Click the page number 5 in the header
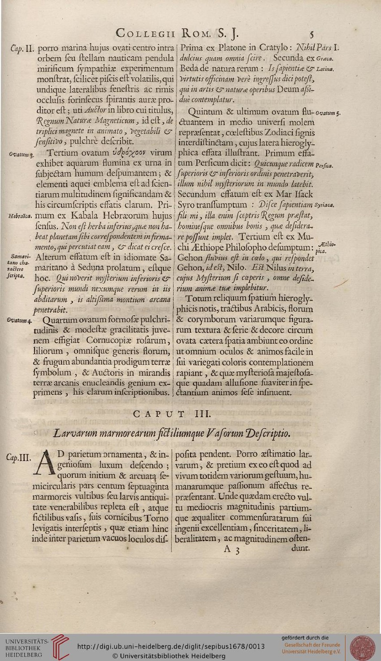(x=311, y=34)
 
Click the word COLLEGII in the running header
(x=145, y=33)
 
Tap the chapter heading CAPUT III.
(x=172, y=413)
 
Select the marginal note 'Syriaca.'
(x=324, y=205)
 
